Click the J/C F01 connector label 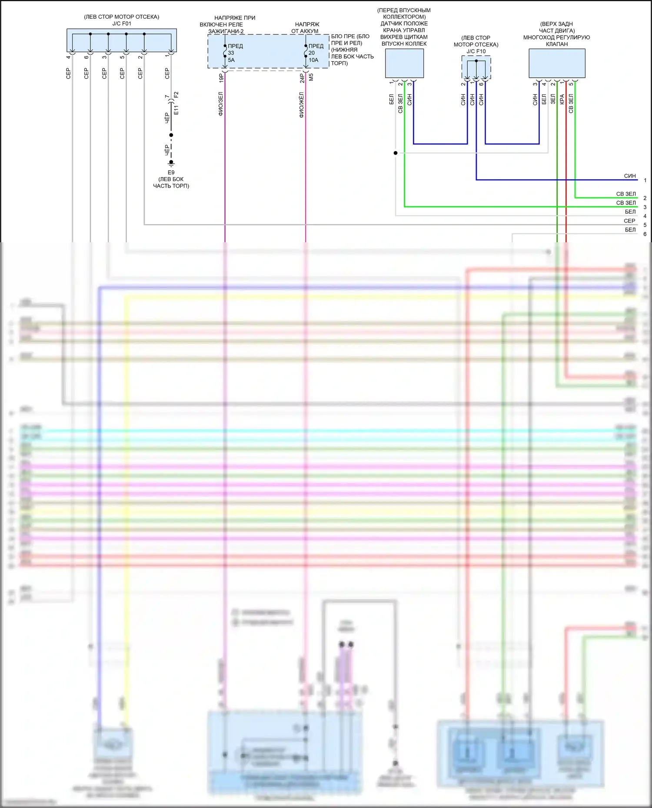click(121, 23)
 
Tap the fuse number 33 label click(231, 53)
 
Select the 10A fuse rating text click(313, 60)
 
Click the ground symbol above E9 click(171, 163)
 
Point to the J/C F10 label click(476, 51)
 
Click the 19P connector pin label click(221, 78)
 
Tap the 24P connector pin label click(302, 78)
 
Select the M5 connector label click(311, 77)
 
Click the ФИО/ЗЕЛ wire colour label click(221, 104)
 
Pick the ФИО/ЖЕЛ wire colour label click(302, 105)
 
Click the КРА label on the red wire click(562, 99)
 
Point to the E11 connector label click(176, 110)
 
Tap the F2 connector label click(176, 95)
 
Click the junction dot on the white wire click(396, 153)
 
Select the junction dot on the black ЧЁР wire click(171, 135)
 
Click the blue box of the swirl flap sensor click(404, 63)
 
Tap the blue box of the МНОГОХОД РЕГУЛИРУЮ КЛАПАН click(557, 63)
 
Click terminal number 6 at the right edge click(645, 234)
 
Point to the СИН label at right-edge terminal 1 click(630, 176)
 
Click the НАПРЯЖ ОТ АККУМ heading click(306, 28)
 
